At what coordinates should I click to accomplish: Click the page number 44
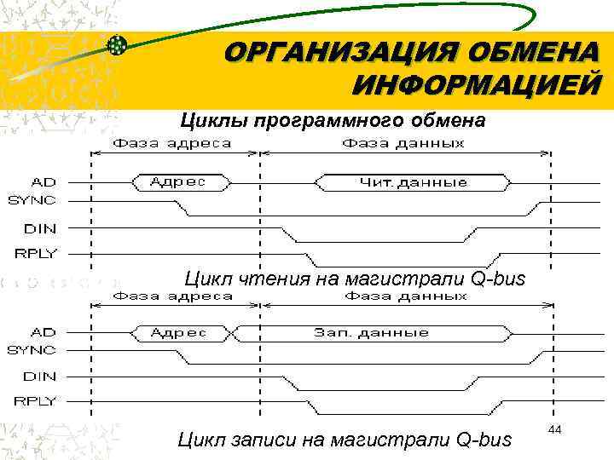[x=554, y=431]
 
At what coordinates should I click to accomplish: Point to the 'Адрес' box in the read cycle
[x=178, y=181]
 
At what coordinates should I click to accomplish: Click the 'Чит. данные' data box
[x=414, y=181]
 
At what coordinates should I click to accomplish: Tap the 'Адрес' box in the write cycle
[x=178, y=331]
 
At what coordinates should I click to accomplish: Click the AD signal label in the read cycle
[x=45, y=181]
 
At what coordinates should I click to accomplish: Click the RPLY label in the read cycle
[x=36, y=252]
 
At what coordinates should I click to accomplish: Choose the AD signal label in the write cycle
[x=45, y=331]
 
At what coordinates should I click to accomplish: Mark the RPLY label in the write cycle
[x=36, y=400]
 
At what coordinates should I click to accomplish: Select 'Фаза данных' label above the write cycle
[x=406, y=296]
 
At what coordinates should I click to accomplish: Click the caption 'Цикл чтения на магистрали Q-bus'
[x=356, y=279]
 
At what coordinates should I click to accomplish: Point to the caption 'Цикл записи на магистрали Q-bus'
[x=345, y=440]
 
